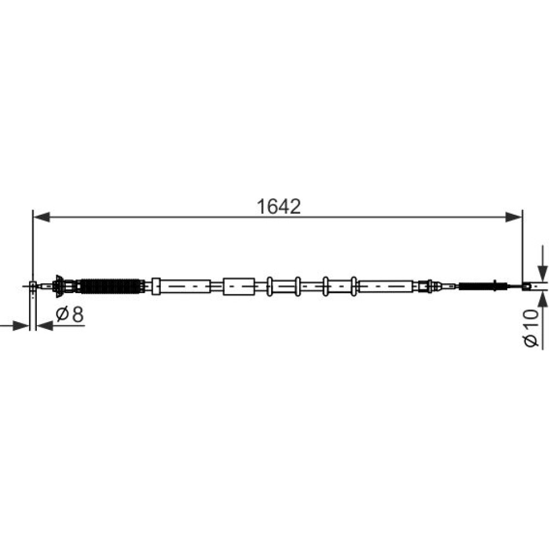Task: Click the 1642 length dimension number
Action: (279, 206)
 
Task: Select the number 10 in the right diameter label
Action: (531, 318)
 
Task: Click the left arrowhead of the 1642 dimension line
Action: (41, 217)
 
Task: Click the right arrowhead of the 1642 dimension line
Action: (514, 217)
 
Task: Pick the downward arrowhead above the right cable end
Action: (542, 273)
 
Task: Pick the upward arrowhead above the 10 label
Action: (542, 299)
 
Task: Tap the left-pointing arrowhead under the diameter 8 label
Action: (45, 326)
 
